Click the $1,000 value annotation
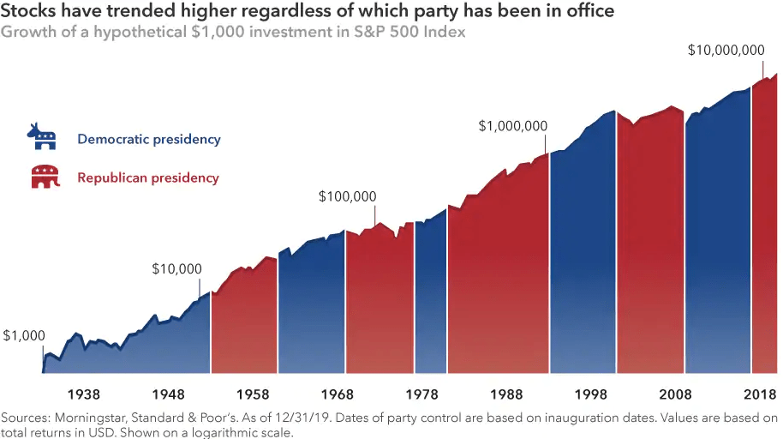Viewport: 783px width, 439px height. pos(23,336)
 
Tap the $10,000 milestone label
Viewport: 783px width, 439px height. pos(176,268)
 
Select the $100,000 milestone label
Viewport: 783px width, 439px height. pos(347,196)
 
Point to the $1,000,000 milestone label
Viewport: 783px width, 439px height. pos(512,125)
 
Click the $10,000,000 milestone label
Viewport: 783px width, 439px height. pos(726,51)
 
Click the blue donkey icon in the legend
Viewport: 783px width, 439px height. pos(42,136)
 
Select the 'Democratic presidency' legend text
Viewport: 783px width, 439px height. pos(148,139)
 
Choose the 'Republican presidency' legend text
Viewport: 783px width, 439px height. pos(147,178)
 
